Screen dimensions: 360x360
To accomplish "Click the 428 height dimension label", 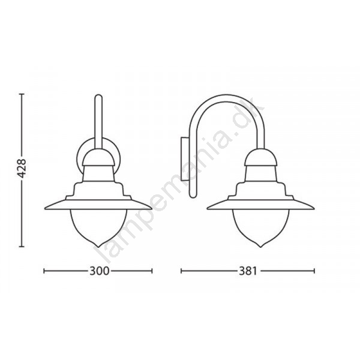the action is [22, 168].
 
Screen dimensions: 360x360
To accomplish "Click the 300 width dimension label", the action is [99, 271].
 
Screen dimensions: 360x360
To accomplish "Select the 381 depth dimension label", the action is [248, 271].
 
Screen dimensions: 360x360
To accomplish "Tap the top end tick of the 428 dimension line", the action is [22, 94].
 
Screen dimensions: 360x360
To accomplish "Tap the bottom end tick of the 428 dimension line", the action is [22, 247].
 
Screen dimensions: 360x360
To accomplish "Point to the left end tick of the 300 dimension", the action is [44, 271].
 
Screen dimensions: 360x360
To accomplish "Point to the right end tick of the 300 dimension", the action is [152, 271].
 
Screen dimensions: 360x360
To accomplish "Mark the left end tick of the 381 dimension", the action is [181, 271].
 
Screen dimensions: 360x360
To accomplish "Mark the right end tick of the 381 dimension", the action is [314, 271].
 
